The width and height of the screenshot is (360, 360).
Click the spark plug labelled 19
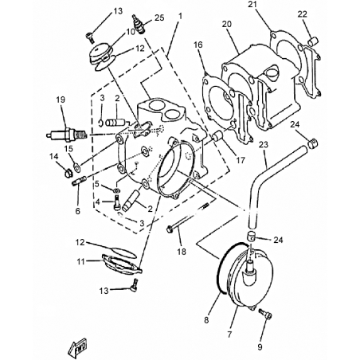point(66,134)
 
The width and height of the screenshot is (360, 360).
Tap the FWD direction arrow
point(77,348)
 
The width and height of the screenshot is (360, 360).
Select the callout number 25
point(159,18)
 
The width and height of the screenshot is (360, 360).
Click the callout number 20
point(227,24)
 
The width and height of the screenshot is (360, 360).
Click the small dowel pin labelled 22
point(313,41)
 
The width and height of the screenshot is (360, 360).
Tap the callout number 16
point(198,45)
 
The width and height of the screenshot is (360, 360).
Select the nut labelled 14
point(68,173)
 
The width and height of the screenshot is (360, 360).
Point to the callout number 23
point(264,144)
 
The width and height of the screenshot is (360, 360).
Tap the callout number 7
point(229,334)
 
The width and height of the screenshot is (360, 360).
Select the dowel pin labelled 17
point(218,137)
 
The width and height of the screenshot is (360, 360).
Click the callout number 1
point(181,16)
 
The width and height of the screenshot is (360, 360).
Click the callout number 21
point(253,5)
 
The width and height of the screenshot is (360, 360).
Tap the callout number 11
point(80,261)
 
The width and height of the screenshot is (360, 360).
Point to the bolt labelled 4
point(117,202)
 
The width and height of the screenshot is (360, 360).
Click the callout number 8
point(206,320)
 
